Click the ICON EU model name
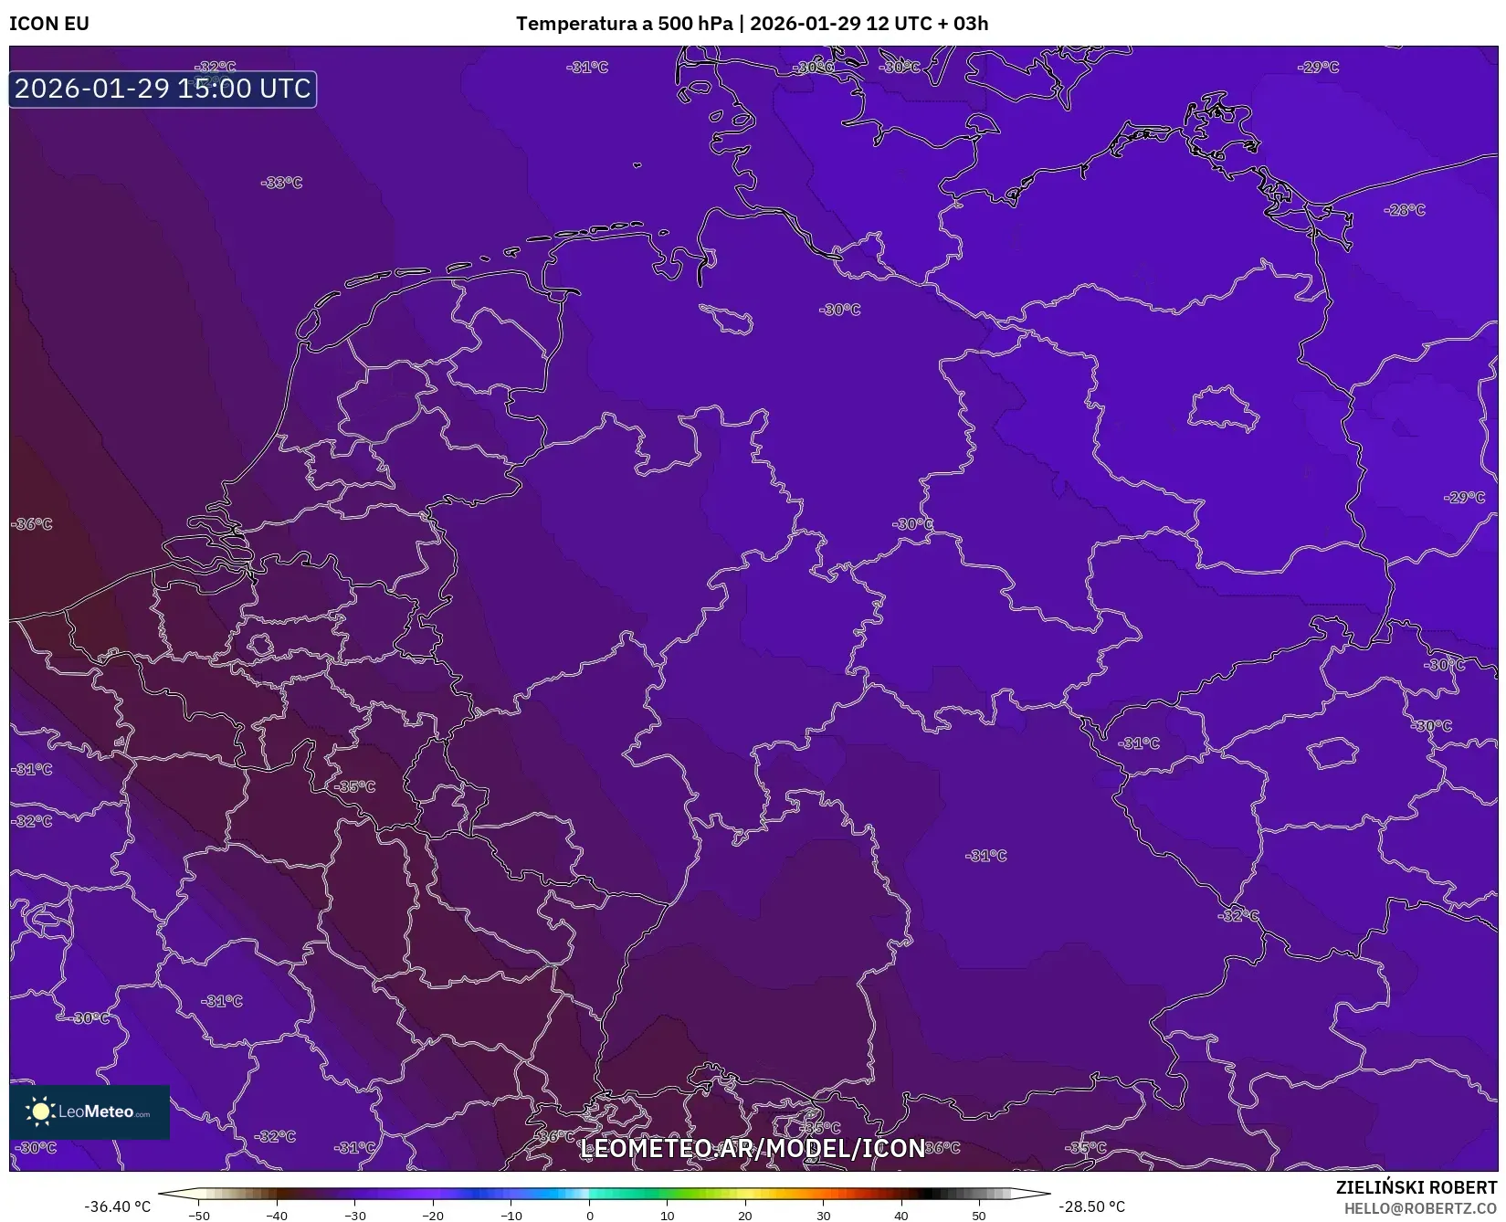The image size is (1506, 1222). [x=49, y=24]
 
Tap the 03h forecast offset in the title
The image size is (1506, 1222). [x=970, y=24]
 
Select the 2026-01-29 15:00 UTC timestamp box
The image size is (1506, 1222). [x=163, y=89]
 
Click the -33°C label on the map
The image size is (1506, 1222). [x=281, y=183]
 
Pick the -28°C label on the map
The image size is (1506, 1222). [x=1405, y=210]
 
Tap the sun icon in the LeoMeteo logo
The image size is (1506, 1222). [x=40, y=1111]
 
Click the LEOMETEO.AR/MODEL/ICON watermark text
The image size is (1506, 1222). [x=753, y=1148]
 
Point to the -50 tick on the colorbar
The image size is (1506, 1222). [x=198, y=1215]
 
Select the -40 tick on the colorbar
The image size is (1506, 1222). [x=277, y=1215]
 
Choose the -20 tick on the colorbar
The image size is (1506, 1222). [x=433, y=1215]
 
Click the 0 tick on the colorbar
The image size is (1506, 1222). [x=589, y=1215]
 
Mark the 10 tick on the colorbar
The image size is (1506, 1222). [x=668, y=1215]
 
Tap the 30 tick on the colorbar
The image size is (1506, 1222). [x=824, y=1215]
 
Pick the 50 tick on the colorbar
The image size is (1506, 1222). [x=979, y=1215]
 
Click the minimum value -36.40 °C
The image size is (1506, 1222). [x=117, y=1206]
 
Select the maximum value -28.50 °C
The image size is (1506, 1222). [x=1091, y=1206]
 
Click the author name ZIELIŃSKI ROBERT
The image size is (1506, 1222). [x=1416, y=1187]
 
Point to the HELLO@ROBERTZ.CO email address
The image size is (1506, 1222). [x=1420, y=1208]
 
